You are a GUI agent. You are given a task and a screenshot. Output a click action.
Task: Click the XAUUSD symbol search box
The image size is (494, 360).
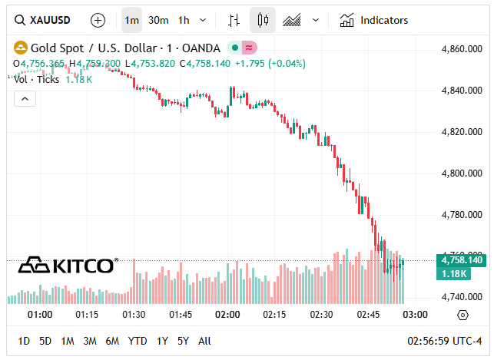pos(46,20)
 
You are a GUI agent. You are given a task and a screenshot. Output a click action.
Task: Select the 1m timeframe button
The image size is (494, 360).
pos(132,20)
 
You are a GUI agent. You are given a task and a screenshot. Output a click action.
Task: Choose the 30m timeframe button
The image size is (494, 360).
pos(158,20)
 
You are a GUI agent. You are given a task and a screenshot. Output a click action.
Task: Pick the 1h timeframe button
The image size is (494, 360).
pos(184,20)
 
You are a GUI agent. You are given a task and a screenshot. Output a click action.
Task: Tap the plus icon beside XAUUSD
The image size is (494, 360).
pos(98,20)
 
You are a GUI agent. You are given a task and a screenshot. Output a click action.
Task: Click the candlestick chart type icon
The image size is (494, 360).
pos(263,20)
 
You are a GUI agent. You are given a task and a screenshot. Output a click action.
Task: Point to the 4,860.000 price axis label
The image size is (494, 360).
pos(462,49)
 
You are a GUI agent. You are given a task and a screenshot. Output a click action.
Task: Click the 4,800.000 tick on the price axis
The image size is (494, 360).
pos(462,173)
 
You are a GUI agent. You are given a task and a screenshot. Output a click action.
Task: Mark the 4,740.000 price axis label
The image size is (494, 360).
pos(462,297)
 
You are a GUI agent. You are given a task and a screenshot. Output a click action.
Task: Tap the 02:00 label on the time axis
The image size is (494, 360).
pos(227,315)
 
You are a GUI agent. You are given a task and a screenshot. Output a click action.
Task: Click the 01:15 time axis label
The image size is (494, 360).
pos(87,315)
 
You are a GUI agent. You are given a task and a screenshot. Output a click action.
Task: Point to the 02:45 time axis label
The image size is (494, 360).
pos(369,315)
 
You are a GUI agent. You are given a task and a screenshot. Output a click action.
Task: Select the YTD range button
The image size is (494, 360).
pos(138,341)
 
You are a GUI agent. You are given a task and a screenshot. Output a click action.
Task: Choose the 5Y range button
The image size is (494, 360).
pos(183,341)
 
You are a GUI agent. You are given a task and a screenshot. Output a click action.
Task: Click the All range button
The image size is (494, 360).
pos(204,341)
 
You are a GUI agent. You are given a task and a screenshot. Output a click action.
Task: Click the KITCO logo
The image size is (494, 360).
pos(68,266)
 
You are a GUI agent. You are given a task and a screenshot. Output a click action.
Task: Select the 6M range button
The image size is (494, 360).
pos(113,341)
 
